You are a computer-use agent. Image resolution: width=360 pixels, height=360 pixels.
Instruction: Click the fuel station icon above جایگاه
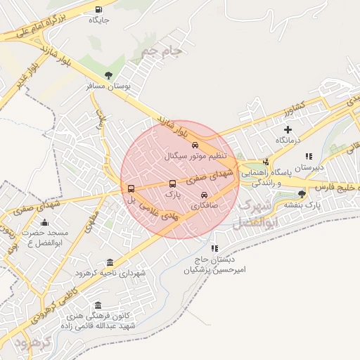98,9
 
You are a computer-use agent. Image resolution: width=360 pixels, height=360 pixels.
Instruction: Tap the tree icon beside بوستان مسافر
108,75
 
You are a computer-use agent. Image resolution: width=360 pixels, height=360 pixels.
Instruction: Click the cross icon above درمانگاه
288,129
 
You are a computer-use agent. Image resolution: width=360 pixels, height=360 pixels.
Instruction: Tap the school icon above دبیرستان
308,156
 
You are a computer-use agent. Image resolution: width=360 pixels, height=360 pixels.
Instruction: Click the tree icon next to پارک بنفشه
302,193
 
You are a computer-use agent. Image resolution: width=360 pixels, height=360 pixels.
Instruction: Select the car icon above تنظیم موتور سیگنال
186,144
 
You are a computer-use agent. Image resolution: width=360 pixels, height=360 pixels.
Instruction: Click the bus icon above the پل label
131,188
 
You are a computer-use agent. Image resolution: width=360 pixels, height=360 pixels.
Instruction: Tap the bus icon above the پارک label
173,184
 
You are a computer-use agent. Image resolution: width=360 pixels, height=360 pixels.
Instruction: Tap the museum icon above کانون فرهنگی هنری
97,305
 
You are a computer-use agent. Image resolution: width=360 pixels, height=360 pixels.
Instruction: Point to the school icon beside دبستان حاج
214,248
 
